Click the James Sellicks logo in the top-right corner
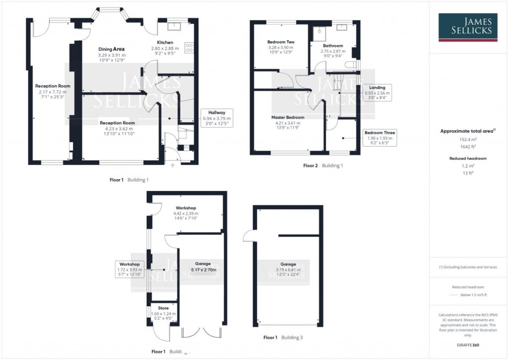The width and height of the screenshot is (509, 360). point(468,27)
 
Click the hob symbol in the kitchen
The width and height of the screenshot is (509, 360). point(189,48)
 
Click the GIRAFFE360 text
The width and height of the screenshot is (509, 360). point(468,345)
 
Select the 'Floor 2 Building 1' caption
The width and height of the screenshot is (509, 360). point(323,165)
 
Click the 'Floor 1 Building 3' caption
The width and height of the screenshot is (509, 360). point(283,338)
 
